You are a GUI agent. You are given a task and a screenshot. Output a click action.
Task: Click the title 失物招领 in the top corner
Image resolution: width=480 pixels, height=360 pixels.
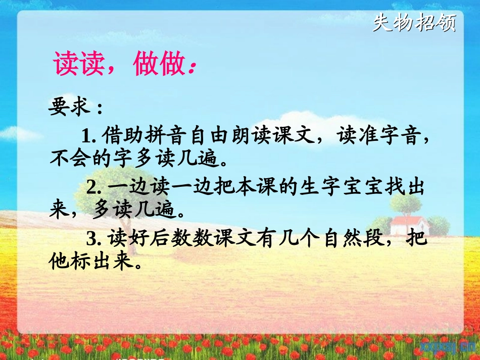(x=414, y=23)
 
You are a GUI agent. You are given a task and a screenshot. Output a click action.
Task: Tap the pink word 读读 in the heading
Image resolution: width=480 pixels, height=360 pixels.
(x=79, y=64)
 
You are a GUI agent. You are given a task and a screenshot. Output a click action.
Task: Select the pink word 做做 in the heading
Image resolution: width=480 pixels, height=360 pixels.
(x=158, y=64)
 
